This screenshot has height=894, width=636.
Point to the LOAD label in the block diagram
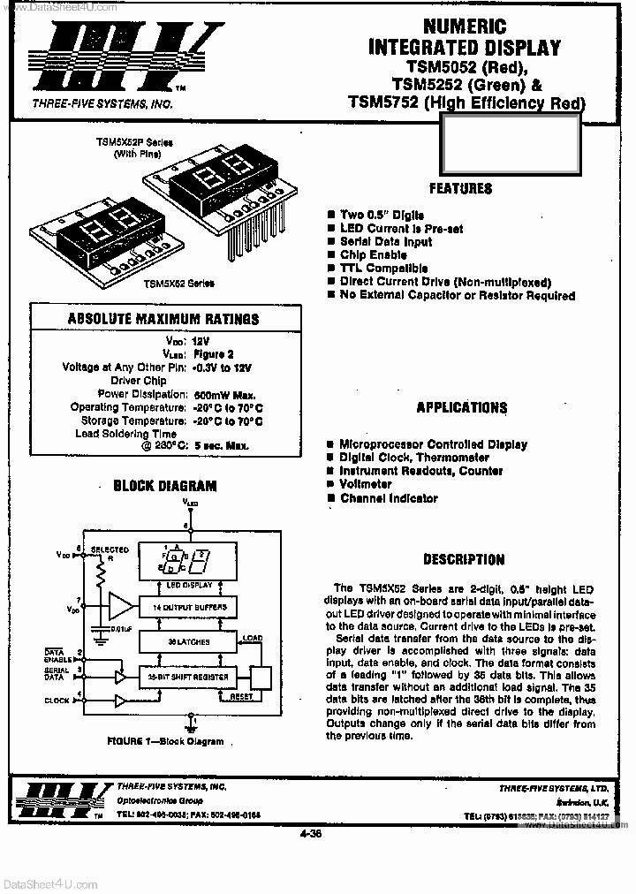point(253,637)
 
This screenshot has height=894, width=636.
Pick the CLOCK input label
point(57,701)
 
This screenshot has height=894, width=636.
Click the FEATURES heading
point(460,188)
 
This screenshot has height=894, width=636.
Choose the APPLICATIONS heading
point(462,407)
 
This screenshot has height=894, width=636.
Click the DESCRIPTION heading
point(464,559)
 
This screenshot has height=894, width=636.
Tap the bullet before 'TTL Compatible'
point(330,268)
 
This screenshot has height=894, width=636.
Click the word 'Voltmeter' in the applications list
point(366,484)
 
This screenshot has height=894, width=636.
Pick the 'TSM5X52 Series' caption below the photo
point(180,283)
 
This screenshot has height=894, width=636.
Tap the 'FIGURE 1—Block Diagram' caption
point(165,741)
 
